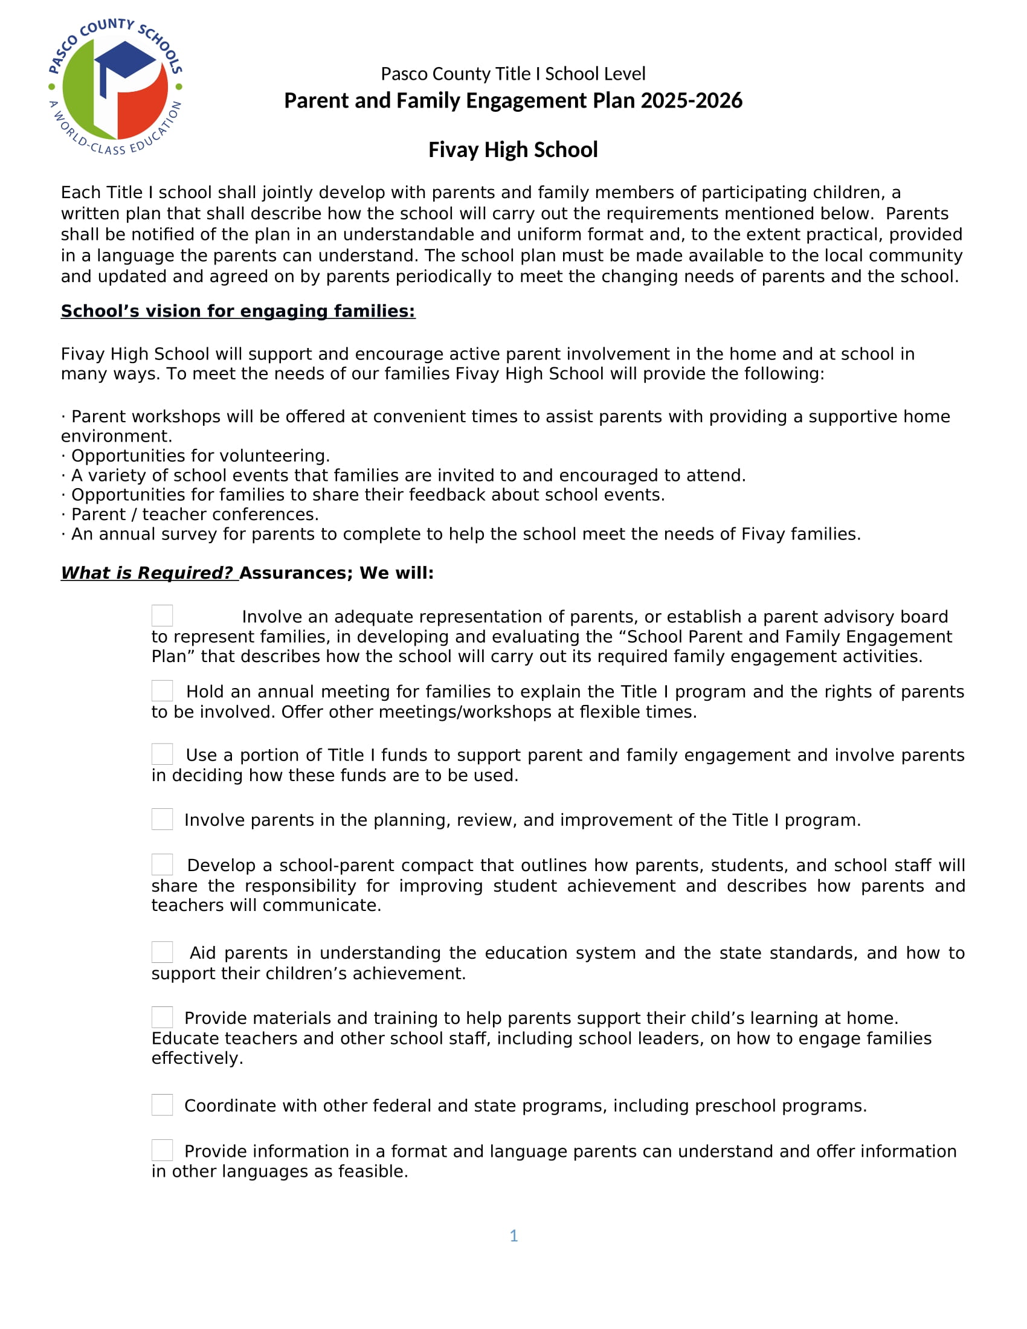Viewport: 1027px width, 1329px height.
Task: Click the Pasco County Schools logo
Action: pos(115,86)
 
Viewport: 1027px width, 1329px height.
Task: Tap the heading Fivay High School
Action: pos(513,150)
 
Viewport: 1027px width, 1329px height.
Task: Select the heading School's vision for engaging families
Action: pos(238,311)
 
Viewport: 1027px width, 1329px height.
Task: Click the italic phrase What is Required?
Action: pos(148,573)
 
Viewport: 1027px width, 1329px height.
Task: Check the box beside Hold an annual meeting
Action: pos(163,690)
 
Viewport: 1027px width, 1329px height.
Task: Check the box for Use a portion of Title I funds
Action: pos(163,754)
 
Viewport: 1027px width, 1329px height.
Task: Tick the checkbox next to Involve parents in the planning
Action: pos(163,819)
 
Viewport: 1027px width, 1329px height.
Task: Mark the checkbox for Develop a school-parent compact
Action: pos(163,864)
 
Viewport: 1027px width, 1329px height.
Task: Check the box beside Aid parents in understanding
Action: pos(163,951)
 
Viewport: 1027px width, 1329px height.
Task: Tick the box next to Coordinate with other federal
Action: pos(163,1104)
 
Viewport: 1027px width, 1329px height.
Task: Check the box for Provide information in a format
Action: pos(163,1150)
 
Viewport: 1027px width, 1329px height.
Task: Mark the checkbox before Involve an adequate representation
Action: pos(163,615)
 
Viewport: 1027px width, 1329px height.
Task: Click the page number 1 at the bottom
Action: pos(513,1235)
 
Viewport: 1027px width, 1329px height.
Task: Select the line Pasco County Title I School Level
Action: pos(513,74)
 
